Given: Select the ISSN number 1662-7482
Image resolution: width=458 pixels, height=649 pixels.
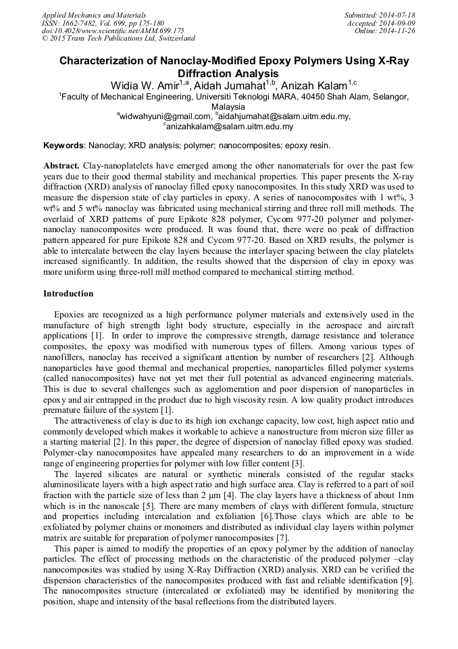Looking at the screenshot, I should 80,22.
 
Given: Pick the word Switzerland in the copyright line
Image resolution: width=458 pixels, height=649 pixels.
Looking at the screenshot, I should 172,39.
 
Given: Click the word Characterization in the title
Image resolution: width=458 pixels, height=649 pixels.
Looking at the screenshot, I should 99,61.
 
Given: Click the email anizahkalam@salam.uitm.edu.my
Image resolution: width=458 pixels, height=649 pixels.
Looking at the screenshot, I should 230,126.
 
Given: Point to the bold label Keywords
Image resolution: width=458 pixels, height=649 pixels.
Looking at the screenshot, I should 63,146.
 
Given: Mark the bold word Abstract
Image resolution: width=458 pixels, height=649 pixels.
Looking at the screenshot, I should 61,166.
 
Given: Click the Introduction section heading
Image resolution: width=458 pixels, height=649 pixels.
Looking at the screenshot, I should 68,294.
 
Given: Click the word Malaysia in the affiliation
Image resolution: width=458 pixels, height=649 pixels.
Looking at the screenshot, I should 228,107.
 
